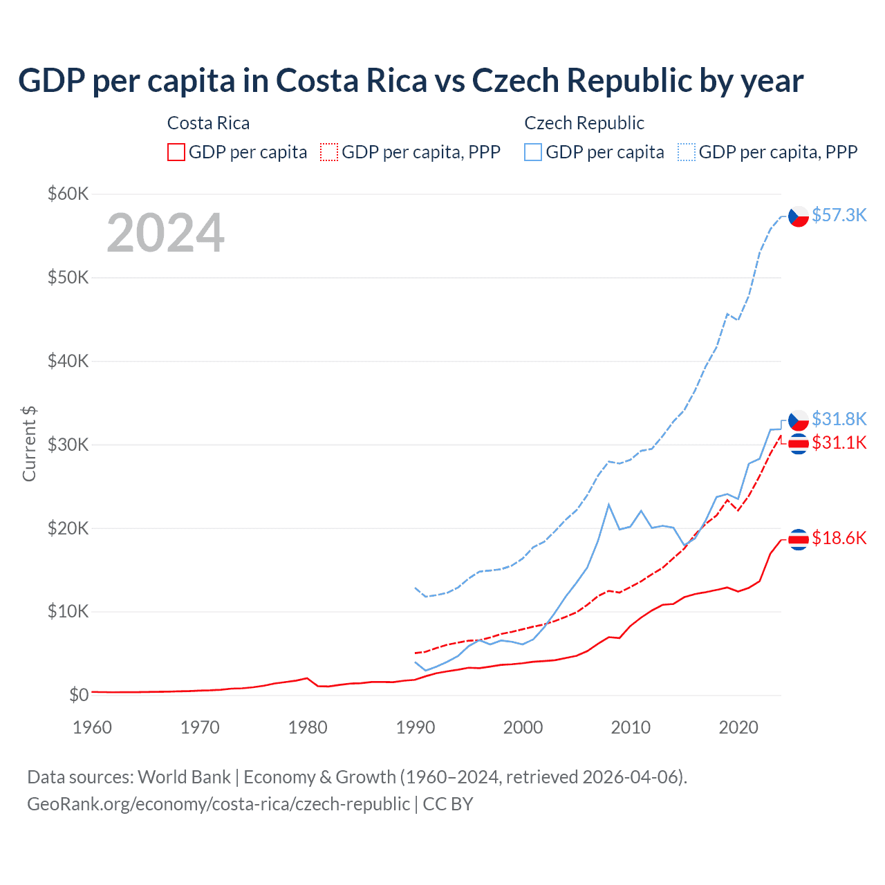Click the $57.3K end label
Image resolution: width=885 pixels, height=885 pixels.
pyautogui.click(x=839, y=215)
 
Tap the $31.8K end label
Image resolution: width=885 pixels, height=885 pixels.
pyautogui.click(x=839, y=419)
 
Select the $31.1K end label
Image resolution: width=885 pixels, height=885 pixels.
pyautogui.click(x=839, y=442)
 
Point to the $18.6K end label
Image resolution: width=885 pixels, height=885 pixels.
pyautogui.click(x=839, y=538)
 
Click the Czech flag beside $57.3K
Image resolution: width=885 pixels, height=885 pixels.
pyautogui.click(x=799, y=216)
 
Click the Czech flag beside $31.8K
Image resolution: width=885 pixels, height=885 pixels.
pyautogui.click(x=799, y=420)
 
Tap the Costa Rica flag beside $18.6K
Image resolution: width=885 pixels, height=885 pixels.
pyautogui.click(x=799, y=539)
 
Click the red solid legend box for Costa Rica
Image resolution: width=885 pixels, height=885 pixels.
pyautogui.click(x=176, y=152)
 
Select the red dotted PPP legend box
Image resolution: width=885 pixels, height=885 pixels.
pyautogui.click(x=329, y=152)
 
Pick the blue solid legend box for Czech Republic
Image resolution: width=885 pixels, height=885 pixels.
pyautogui.click(x=533, y=152)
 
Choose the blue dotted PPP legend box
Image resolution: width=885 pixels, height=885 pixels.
pyautogui.click(x=687, y=152)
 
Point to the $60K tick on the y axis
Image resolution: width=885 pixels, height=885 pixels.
pyautogui.click(x=68, y=194)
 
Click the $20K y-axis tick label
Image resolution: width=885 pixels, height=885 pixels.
pyautogui.click(x=68, y=528)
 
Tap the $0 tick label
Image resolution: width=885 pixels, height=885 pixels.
pyautogui.click(x=79, y=695)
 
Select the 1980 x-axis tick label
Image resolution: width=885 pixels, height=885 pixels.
pyautogui.click(x=308, y=727)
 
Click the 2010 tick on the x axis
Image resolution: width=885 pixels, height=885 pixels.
pyautogui.click(x=631, y=727)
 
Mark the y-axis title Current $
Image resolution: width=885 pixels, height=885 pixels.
pyautogui.click(x=29, y=444)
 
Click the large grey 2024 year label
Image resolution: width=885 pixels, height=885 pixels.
pyautogui.click(x=165, y=233)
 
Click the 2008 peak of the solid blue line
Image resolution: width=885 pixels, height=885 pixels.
pyautogui.click(x=608, y=505)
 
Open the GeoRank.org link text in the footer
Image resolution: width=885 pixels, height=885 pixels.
pyautogui.click(x=218, y=804)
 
